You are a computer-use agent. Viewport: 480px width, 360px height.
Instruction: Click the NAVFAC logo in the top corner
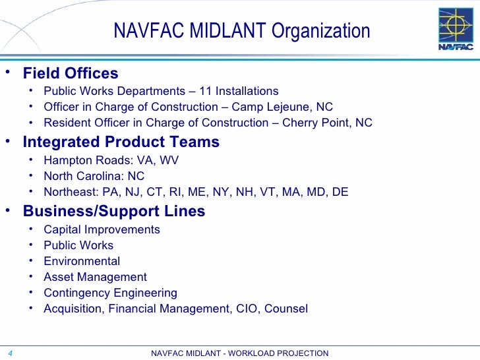[x=456, y=28]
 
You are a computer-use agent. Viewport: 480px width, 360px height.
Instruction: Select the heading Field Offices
[x=71, y=73]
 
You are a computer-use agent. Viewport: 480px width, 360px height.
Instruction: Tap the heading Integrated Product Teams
[x=121, y=142]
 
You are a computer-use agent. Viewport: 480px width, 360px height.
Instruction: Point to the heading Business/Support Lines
[x=114, y=212]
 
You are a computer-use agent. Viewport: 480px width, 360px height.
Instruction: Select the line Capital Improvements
[x=102, y=229]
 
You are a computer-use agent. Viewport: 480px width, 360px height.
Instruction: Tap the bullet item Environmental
[x=82, y=261]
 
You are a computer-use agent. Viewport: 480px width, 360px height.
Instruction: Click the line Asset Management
[x=95, y=277]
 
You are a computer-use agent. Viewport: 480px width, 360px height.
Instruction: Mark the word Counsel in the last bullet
[x=285, y=309]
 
